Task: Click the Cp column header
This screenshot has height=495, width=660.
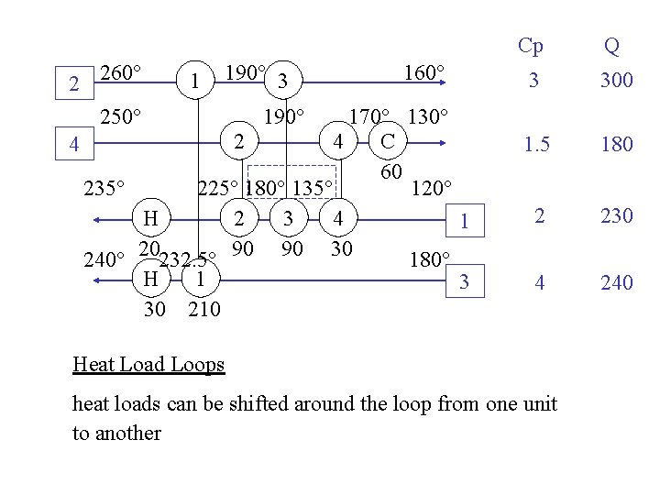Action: [x=530, y=46]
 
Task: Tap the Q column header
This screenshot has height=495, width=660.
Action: [x=611, y=46]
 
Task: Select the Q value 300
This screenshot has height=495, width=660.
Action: [x=617, y=81]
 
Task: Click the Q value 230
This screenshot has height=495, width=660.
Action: [x=617, y=215]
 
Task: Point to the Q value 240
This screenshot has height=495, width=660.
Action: [x=617, y=283]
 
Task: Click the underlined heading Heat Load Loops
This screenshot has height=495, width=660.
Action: [x=148, y=365]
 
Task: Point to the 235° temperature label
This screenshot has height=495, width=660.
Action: [x=103, y=189]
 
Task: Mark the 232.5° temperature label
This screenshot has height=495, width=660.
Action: [x=187, y=259]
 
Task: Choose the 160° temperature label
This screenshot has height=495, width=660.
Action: [x=423, y=72]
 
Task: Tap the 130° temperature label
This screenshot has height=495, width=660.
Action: [x=427, y=117]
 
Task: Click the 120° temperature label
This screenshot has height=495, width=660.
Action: [x=430, y=190]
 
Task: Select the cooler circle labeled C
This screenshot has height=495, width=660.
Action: [x=388, y=143]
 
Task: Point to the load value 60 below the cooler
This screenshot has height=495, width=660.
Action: [x=391, y=173]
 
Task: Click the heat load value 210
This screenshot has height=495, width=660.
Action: [x=203, y=309]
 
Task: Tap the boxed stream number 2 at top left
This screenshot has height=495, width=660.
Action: [x=73, y=85]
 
